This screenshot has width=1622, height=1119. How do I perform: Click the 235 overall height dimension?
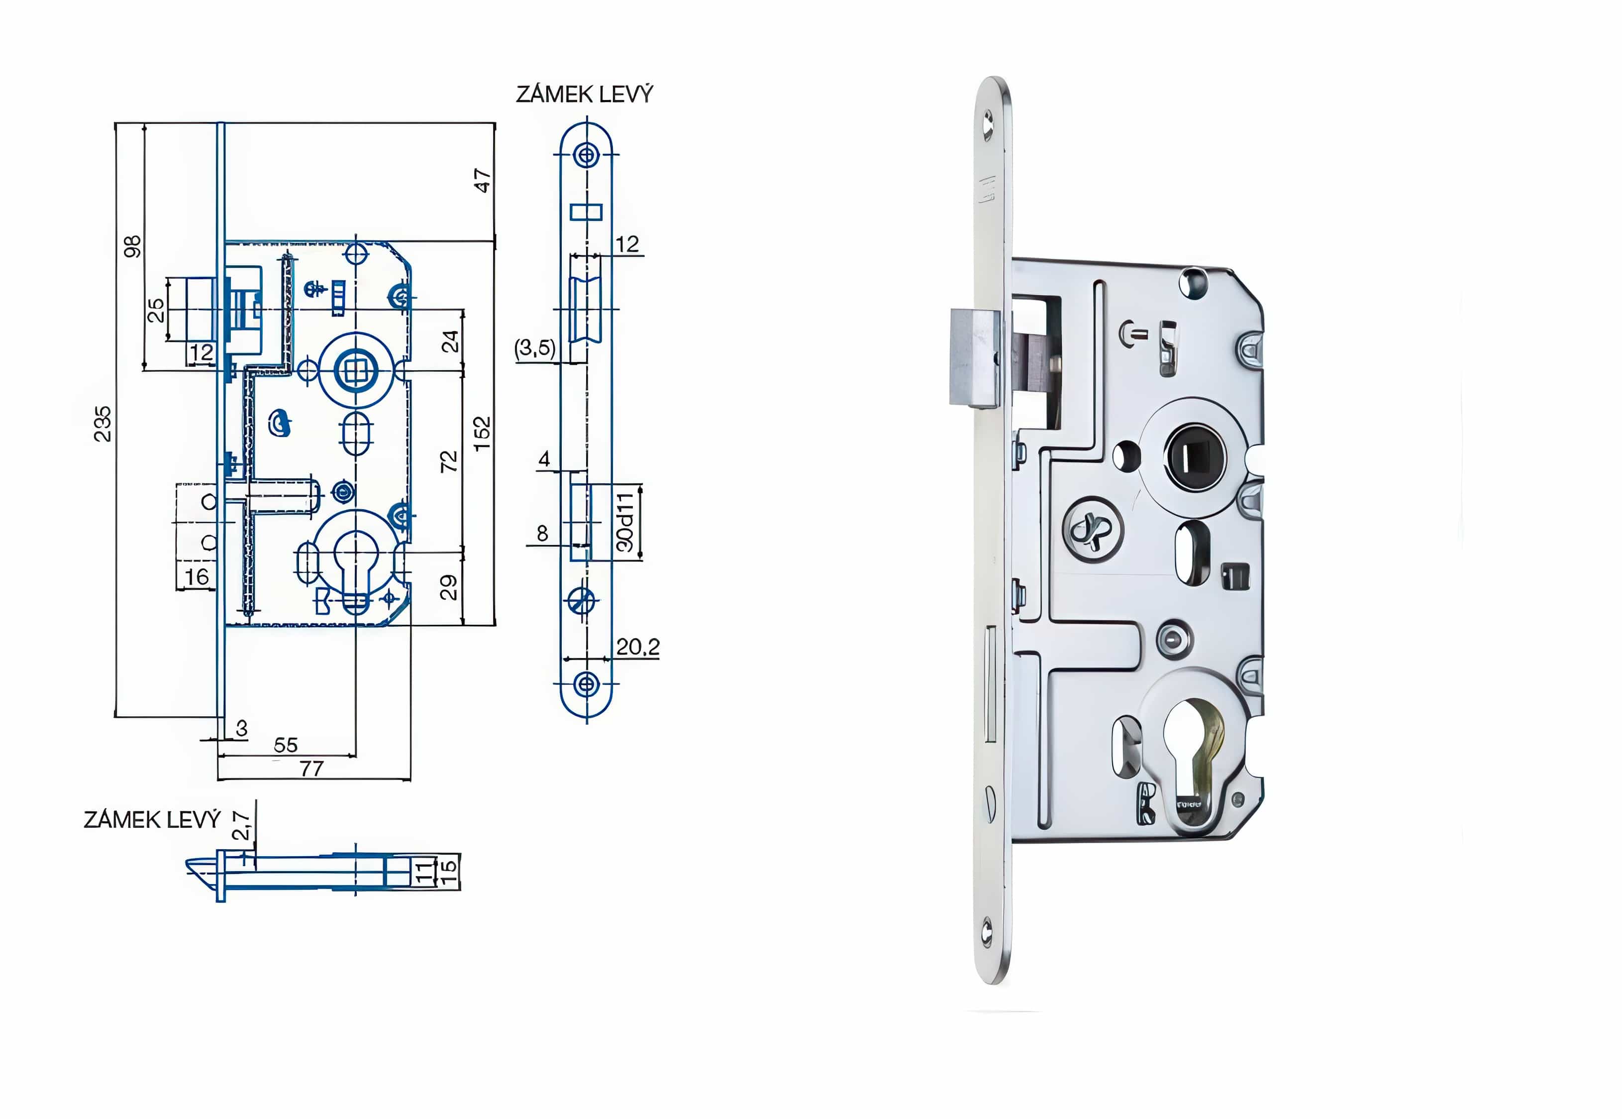point(102,424)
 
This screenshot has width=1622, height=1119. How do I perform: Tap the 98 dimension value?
point(132,246)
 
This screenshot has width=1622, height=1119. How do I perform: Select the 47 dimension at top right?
point(482,180)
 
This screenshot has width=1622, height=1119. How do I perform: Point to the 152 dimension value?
point(482,433)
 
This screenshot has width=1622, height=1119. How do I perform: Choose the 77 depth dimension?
point(312,769)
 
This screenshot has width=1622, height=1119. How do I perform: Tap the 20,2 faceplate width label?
point(637,647)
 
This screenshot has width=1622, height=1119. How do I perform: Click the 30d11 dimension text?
point(625,522)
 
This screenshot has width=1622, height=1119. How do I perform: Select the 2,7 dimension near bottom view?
point(241,825)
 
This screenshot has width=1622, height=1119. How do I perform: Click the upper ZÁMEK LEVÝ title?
point(584,94)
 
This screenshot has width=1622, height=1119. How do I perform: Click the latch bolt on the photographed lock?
point(974,357)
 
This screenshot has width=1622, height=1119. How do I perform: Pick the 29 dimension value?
point(448,587)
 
